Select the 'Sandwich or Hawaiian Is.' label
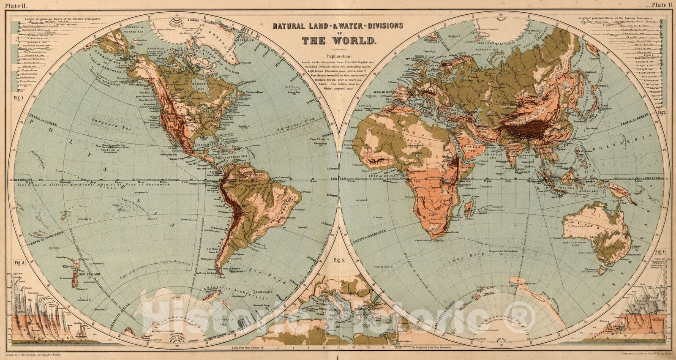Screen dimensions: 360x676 click(x=109, y=148)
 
